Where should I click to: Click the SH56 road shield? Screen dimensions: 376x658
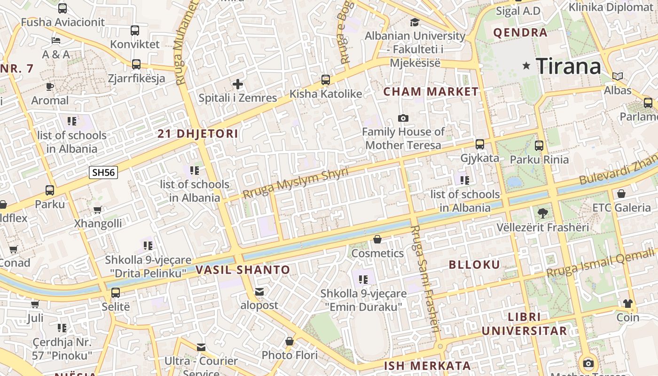coord(103,172)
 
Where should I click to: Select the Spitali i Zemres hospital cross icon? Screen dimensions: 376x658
coord(238,85)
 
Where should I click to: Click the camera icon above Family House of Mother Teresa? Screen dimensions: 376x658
coord(403,118)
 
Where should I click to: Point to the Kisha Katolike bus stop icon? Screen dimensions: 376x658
coord(326,80)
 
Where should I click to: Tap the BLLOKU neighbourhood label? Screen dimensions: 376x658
coord(474,265)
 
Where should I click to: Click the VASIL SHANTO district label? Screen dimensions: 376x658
coord(243,270)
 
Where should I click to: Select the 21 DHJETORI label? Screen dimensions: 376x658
coord(198,134)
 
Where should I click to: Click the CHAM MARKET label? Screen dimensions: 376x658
coord(431,92)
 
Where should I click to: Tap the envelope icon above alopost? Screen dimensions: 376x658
coord(259,292)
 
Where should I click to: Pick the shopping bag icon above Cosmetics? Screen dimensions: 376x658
coord(377,240)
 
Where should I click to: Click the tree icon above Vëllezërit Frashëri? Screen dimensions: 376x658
coord(542,213)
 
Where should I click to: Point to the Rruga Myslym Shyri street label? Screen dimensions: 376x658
coord(296,183)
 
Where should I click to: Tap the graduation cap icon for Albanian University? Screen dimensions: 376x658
coord(415,22)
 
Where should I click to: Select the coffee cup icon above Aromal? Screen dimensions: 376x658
coord(50,86)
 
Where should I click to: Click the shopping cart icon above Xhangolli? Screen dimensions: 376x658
coord(98,210)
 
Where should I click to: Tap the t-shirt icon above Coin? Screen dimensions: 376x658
coord(628,304)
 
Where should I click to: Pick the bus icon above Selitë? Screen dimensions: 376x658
coord(116,293)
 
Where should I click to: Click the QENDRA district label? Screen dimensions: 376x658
coord(520,32)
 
